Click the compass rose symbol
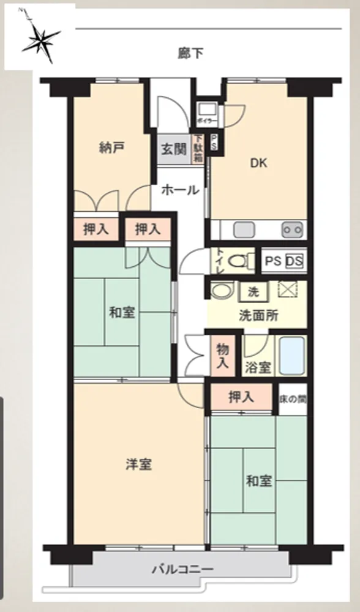(40, 38)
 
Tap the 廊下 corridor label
(190, 53)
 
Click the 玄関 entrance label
(174, 149)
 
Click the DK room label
(258, 163)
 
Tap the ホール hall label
(180, 190)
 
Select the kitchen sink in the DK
(244, 229)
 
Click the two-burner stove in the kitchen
(293, 229)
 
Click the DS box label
(294, 261)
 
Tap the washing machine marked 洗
(253, 292)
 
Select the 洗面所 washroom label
(258, 315)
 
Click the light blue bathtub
(292, 356)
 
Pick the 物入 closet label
(223, 356)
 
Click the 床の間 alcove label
(293, 400)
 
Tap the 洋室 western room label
(138, 465)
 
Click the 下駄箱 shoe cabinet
(198, 149)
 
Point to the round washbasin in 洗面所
(220, 290)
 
